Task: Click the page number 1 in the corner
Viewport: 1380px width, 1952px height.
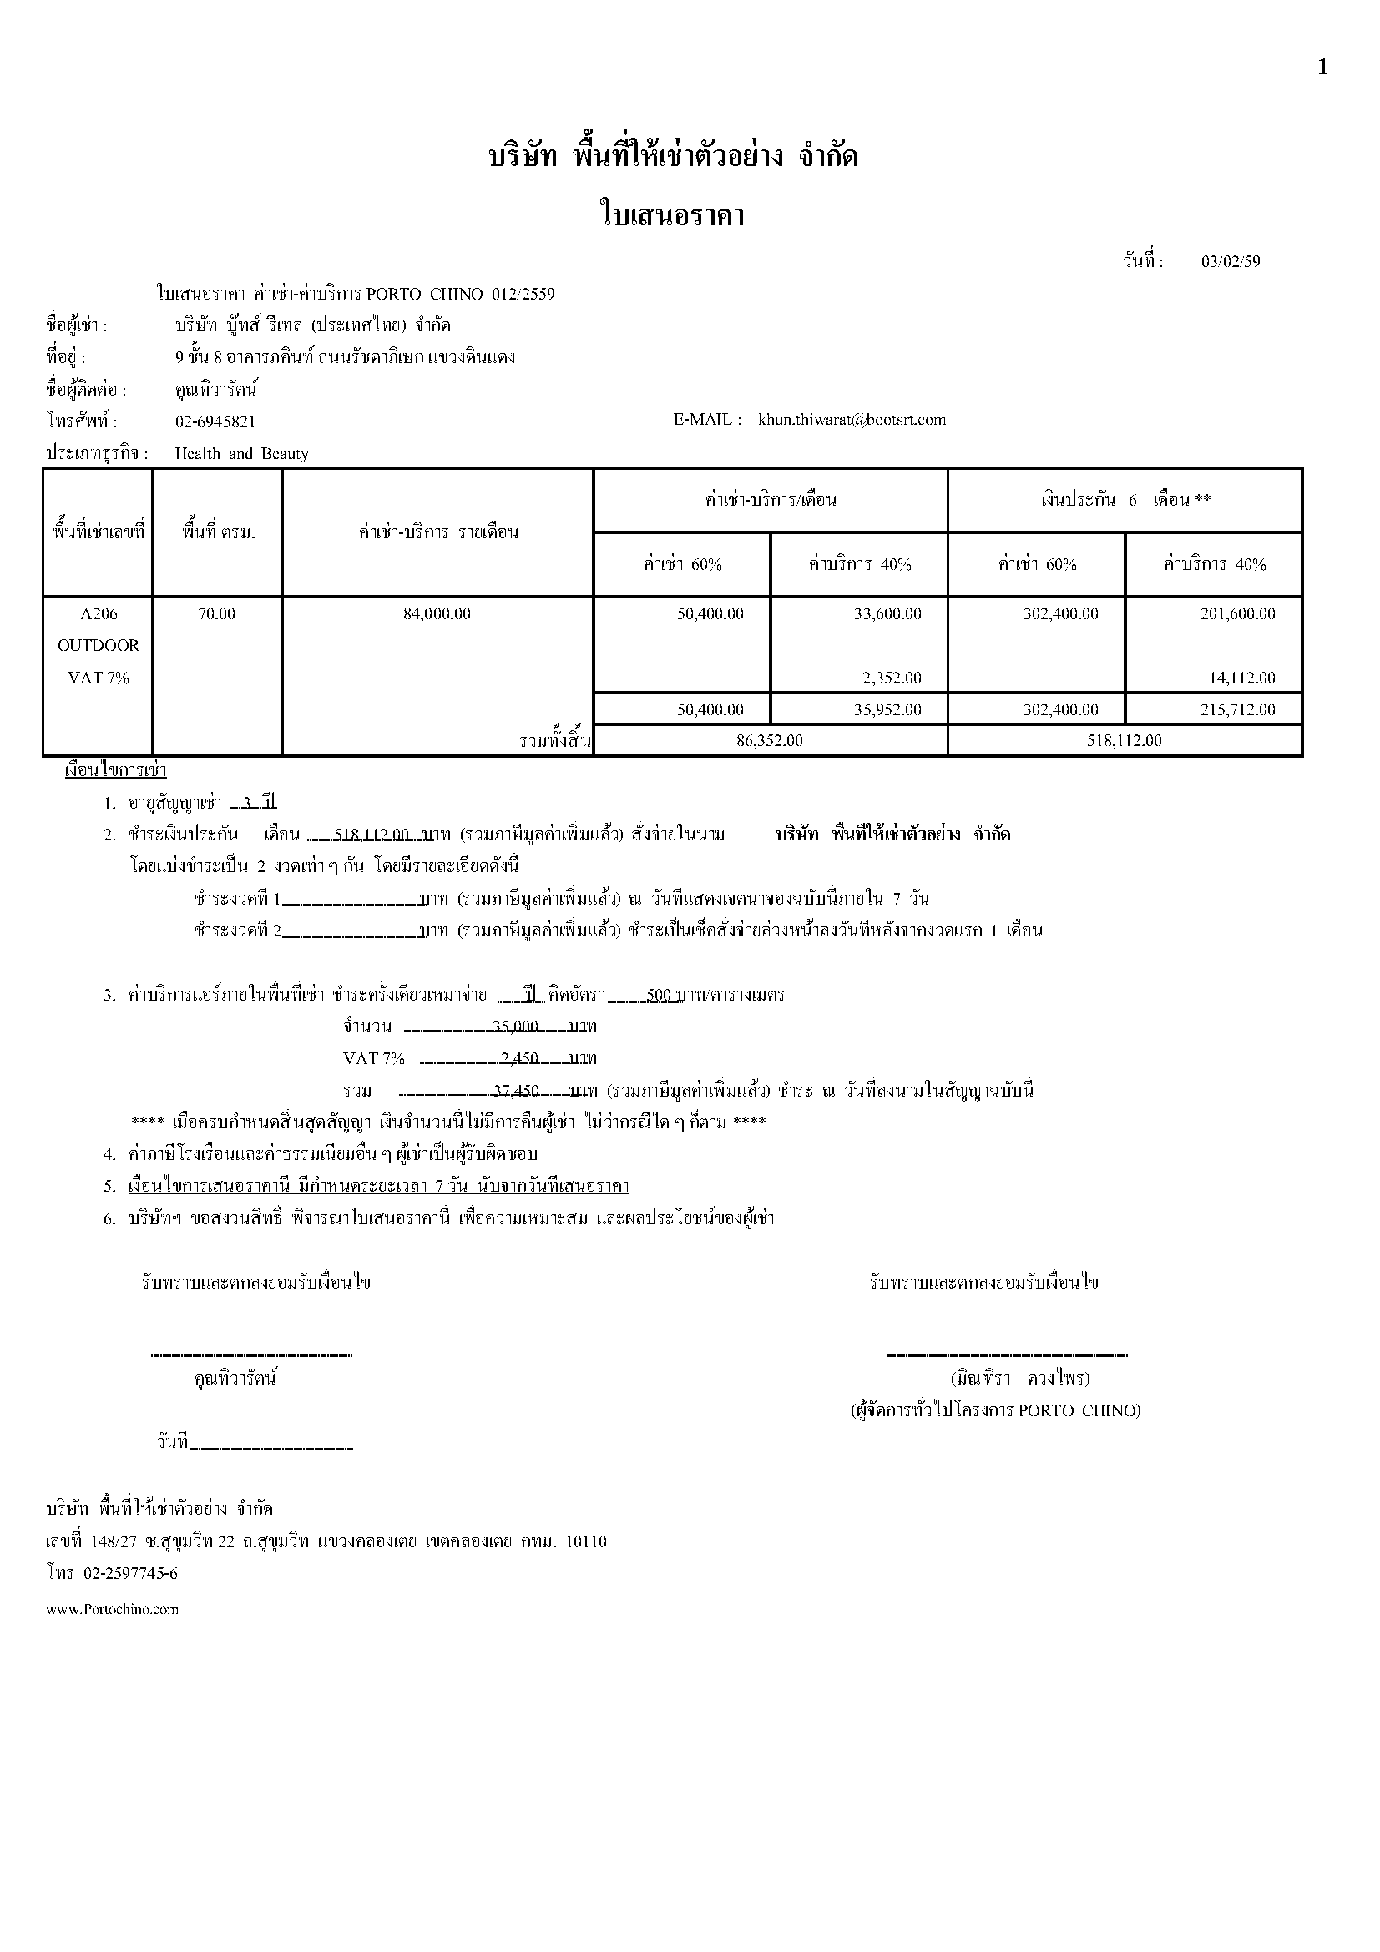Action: coord(1322,68)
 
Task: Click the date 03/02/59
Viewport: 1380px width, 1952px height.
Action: coord(1231,262)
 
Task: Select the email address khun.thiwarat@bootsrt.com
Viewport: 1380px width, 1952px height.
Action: coord(852,420)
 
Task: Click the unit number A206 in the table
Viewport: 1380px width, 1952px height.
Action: coord(99,614)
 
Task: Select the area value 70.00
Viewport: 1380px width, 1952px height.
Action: coord(217,614)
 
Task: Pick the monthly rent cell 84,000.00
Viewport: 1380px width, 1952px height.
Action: coord(437,614)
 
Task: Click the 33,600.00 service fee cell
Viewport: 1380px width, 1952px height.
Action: coord(887,614)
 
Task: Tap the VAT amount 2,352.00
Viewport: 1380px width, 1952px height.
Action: coord(892,678)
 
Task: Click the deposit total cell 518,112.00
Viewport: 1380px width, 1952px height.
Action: coord(1124,740)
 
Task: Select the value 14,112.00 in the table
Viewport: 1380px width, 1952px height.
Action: coord(1242,678)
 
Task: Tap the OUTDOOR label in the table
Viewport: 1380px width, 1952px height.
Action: coord(99,646)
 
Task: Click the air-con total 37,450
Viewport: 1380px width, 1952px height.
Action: coord(516,1091)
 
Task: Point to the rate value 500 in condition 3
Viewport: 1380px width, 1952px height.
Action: coord(659,995)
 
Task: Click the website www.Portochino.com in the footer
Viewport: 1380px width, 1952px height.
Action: coord(112,1609)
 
